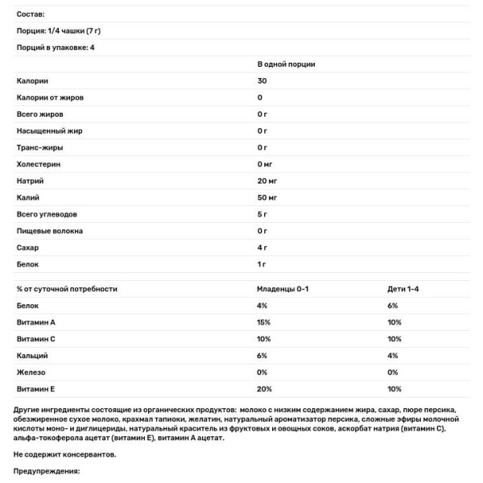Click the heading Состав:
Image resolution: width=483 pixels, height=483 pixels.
[x=31, y=14]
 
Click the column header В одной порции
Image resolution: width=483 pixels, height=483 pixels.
[x=286, y=64]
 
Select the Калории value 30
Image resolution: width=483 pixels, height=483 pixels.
[x=262, y=80]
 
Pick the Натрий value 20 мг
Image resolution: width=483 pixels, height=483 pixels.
[x=267, y=180]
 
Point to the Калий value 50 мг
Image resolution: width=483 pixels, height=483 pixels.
[x=267, y=197]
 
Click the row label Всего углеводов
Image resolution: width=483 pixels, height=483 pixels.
[x=45, y=213]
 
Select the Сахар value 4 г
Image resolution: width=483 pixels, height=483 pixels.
[x=262, y=247]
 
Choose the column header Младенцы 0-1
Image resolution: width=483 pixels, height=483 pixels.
[x=283, y=288]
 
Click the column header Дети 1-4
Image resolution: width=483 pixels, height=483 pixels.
[x=403, y=288]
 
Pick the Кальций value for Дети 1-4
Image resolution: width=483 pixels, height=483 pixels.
[x=393, y=355]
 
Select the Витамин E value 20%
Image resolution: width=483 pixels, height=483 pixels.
[x=265, y=389]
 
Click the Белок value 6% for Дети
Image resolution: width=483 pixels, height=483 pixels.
[x=393, y=305]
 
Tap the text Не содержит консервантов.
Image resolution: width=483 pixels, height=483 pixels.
[x=65, y=455]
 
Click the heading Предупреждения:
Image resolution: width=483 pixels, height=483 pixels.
[x=47, y=471]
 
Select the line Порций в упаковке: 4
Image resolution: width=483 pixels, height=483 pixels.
[x=56, y=47]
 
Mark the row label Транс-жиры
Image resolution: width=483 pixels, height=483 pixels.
[x=39, y=147]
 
